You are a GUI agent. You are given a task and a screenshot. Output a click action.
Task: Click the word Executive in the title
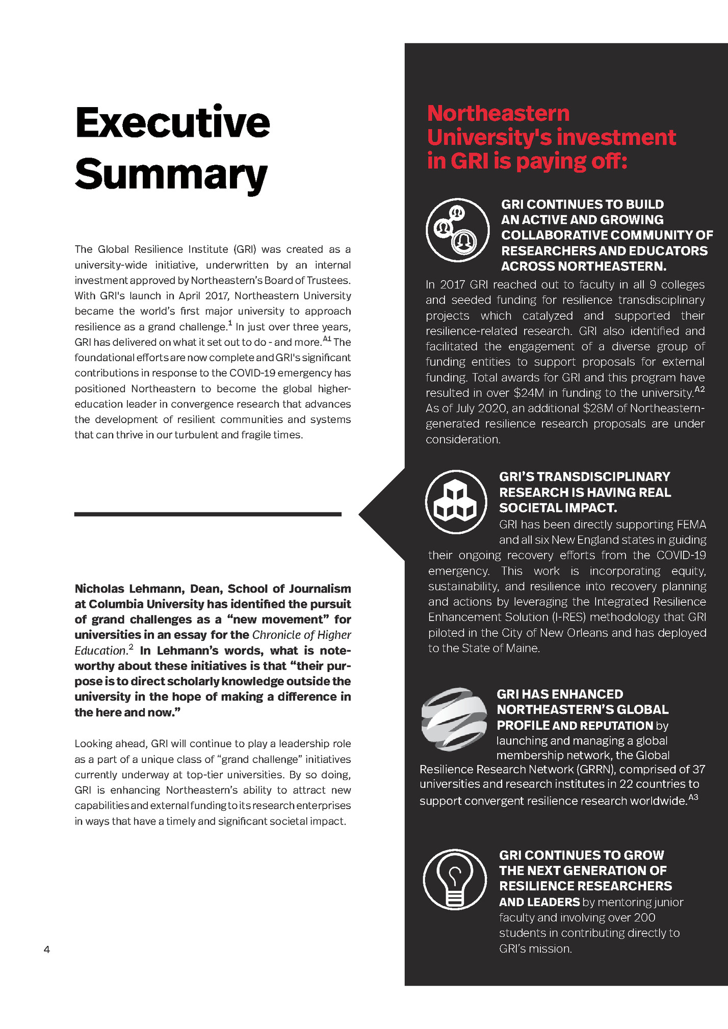[x=172, y=123]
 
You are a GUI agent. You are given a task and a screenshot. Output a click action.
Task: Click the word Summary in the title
[x=171, y=174]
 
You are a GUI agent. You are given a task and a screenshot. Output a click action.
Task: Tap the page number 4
[x=47, y=949]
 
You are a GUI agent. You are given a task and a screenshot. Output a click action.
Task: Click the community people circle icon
[x=457, y=229]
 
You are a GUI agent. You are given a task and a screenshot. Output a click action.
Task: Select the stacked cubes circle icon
[x=456, y=502]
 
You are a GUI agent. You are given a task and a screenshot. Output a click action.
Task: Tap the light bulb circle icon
[x=455, y=879]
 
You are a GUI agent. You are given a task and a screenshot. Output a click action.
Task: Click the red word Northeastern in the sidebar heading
[x=498, y=113]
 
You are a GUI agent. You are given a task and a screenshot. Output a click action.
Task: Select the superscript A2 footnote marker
[x=699, y=390]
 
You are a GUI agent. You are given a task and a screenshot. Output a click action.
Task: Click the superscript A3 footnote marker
[x=693, y=797]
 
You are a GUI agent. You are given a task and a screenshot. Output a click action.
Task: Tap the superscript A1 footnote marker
[x=327, y=339]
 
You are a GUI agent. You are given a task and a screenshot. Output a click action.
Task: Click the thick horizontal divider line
[x=207, y=514]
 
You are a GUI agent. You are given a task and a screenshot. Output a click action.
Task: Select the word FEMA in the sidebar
[x=691, y=525]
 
